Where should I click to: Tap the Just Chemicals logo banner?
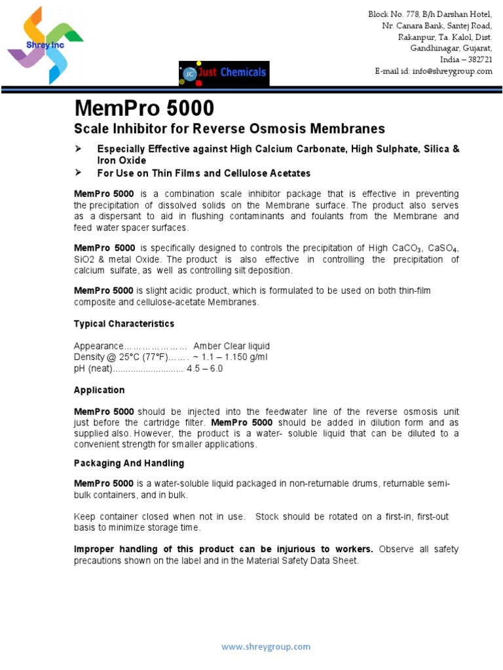click(x=223, y=73)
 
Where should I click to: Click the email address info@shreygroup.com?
click(x=452, y=71)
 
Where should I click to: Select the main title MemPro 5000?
click(x=143, y=108)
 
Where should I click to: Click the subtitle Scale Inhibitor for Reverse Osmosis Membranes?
click(x=229, y=129)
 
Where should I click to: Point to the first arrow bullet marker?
click(x=79, y=149)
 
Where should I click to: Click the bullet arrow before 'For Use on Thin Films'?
click(x=79, y=173)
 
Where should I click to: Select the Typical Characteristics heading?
click(x=124, y=324)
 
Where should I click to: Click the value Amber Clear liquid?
click(x=231, y=346)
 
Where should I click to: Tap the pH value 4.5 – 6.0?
click(x=204, y=368)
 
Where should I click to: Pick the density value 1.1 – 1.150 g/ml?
click(x=230, y=357)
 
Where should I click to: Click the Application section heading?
click(x=99, y=390)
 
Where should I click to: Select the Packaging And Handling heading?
click(x=128, y=463)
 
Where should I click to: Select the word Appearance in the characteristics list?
click(x=98, y=346)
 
